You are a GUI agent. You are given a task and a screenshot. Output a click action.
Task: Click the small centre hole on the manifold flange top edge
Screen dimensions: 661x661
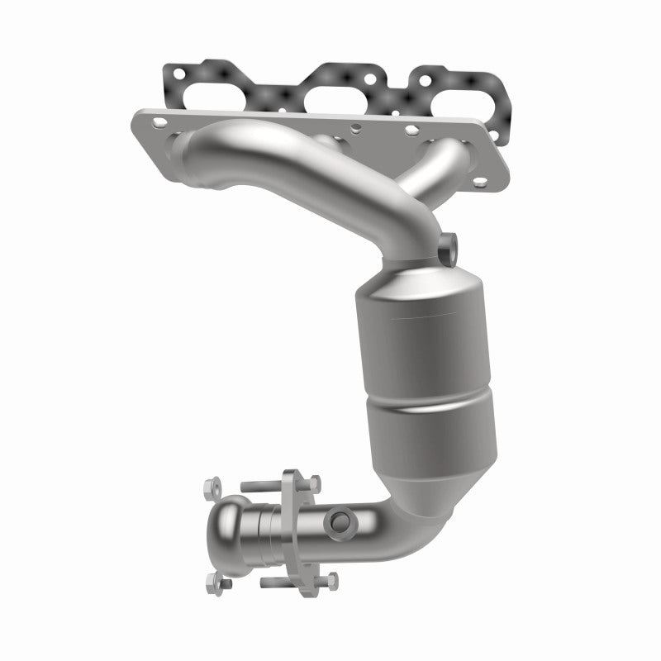(354, 127)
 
